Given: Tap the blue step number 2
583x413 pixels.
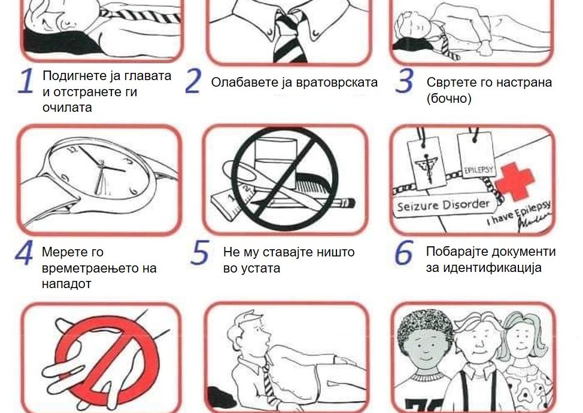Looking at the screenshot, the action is (193, 81).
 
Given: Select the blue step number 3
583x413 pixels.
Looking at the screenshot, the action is (404, 81).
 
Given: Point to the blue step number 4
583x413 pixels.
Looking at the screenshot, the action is (25, 253).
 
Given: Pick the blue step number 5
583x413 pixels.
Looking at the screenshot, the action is (200, 253).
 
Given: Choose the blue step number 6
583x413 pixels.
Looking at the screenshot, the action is (404, 253).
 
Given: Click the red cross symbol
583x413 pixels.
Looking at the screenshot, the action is (515, 182).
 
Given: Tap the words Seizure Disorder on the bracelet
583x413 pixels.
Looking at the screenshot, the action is (443, 206).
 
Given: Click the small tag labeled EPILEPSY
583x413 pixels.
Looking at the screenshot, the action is (478, 155).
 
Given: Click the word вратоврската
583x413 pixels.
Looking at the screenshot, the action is (337, 82).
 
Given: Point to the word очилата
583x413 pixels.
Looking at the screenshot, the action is (67, 108).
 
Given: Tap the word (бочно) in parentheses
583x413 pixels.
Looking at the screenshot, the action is (449, 99).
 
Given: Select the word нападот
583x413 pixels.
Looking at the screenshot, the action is (66, 284).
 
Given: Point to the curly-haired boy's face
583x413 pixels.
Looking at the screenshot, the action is (424, 348).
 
